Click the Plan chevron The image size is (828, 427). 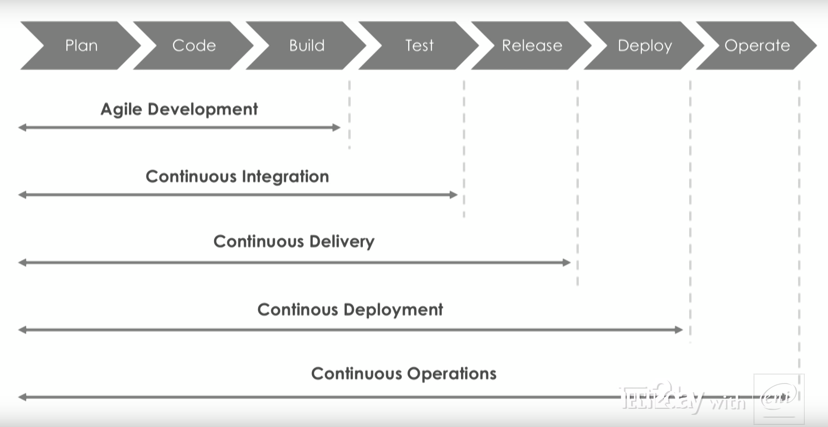(x=81, y=45)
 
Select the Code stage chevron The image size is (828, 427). (x=194, y=45)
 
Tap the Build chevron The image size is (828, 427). (x=306, y=45)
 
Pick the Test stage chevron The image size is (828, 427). (x=419, y=45)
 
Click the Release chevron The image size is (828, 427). (x=532, y=45)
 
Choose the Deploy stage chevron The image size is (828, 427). (x=644, y=45)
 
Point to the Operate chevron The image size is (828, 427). (x=756, y=45)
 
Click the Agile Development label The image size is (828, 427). (x=179, y=109)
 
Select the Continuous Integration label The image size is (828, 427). (x=237, y=177)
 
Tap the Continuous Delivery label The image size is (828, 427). (x=294, y=242)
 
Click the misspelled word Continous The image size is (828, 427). (x=297, y=310)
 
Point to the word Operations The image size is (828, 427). (x=451, y=374)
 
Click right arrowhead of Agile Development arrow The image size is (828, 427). (x=336, y=128)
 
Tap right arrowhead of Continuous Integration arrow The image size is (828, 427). (x=453, y=195)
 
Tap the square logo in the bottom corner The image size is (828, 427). (x=778, y=398)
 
